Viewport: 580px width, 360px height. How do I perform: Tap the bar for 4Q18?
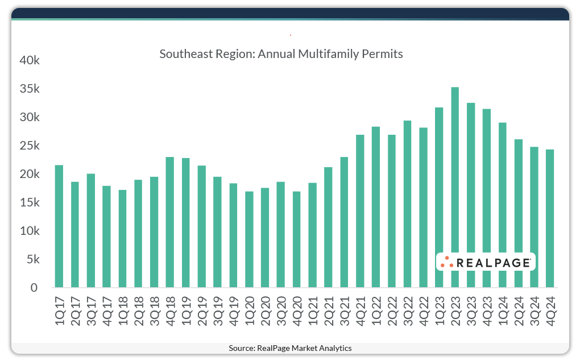(x=170, y=222)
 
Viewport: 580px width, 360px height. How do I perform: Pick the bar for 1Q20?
(x=249, y=239)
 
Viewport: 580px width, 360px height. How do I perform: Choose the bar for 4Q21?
(x=360, y=211)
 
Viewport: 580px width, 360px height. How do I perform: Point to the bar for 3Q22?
(x=407, y=204)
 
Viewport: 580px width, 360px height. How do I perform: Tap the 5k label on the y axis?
(x=32, y=259)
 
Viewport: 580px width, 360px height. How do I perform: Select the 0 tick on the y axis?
(x=35, y=288)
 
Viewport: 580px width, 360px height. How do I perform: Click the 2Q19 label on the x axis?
(x=202, y=311)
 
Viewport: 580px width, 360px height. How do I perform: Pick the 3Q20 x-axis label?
(x=281, y=311)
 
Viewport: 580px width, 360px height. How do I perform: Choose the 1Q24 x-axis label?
(x=503, y=311)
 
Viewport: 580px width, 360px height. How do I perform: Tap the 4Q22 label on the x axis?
(x=424, y=311)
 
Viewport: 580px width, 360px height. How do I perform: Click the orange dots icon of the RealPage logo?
(x=447, y=262)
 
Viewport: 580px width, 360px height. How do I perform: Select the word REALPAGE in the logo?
(x=493, y=262)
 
